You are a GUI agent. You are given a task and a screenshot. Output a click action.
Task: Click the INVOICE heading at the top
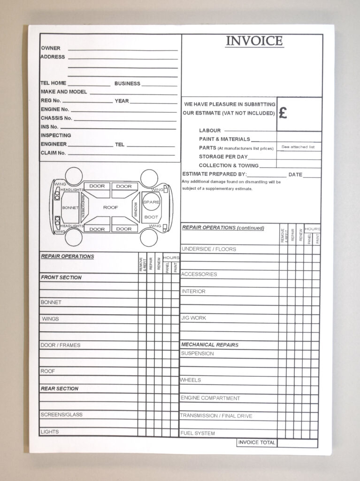coord(254,41)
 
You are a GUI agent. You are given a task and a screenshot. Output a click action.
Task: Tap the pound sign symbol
coord(283,113)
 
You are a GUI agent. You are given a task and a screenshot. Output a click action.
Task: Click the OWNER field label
coord(50,48)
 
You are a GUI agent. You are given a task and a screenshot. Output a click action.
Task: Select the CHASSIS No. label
coord(56,118)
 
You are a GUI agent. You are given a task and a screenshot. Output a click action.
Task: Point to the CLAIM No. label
coord(53,153)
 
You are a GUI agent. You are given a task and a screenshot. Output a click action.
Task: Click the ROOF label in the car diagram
coord(111,207)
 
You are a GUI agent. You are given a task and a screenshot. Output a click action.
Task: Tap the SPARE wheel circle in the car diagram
coord(151,202)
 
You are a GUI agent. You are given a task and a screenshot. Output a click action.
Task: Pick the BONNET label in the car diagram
coord(70,208)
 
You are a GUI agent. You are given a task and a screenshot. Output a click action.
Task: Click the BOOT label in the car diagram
coord(151,217)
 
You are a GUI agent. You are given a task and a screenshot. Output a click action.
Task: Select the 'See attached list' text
coord(298,147)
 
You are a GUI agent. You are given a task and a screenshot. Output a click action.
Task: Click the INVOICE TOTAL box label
coord(256,442)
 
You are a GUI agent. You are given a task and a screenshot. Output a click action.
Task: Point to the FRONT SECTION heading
coord(61,278)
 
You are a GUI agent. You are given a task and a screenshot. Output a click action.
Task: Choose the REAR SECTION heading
coord(60,389)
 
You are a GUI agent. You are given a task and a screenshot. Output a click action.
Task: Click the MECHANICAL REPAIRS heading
coord(210,345)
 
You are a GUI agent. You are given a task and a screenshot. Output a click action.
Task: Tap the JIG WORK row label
coord(193,318)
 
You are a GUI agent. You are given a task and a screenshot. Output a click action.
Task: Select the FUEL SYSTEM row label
coord(198,433)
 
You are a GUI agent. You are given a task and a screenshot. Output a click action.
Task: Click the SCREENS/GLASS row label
coord(61,415)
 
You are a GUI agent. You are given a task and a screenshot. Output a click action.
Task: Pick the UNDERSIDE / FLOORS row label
coord(208,249)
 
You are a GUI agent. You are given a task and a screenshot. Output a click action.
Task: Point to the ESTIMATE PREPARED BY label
coord(214,174)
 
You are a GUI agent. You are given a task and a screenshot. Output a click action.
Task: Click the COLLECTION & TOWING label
coord(229,165)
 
